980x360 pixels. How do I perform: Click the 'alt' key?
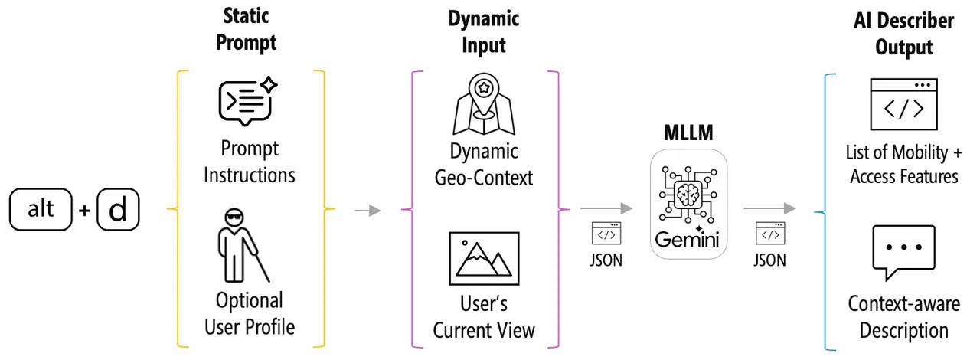[41, 209]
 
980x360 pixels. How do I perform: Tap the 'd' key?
[118, 209]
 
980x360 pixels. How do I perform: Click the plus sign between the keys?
[84, 211]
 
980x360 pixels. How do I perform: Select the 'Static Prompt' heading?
[247, 29]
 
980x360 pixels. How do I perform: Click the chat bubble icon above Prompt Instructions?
[247, 102]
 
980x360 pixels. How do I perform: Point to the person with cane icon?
[243, 246]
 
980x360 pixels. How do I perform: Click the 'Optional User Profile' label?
[250, 314]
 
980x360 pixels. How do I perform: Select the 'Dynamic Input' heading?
[484, 32]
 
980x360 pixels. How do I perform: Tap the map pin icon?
[484, 104]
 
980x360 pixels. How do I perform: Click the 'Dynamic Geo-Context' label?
[484, 165]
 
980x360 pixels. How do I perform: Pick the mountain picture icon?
[485, 259]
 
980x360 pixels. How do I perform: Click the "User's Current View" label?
[484, 317]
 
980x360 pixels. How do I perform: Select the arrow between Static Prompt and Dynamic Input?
[368, 211]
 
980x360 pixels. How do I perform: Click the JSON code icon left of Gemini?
[606, 234]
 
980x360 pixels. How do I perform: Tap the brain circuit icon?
[688, 194]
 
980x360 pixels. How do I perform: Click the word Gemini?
[687, 240]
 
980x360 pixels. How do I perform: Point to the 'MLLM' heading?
[688, 133]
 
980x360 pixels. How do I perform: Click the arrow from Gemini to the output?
[769, 208]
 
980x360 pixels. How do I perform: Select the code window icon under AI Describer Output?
[904, 104]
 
